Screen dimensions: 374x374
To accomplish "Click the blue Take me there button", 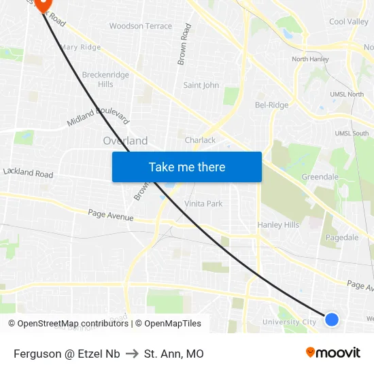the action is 186,167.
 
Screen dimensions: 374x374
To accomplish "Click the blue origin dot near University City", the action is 331,319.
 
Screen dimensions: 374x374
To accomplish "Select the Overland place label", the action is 125,141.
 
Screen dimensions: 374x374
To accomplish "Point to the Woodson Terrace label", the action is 141,26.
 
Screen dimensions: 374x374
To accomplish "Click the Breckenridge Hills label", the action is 105,80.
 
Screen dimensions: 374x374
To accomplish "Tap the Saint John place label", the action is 201,85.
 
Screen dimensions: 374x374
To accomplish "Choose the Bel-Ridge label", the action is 271,105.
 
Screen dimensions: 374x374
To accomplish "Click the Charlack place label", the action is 200,140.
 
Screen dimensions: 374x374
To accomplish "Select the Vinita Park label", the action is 203,203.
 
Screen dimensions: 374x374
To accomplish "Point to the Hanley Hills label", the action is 278,225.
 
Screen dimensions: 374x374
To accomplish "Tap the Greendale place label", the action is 320,177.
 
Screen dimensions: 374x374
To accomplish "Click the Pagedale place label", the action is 342,237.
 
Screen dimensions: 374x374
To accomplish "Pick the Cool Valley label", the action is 348,22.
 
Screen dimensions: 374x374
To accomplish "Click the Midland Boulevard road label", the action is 99,116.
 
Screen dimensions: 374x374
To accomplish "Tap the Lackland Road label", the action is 28,173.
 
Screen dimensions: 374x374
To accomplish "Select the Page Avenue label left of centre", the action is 111,216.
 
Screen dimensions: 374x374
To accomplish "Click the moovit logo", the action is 333,352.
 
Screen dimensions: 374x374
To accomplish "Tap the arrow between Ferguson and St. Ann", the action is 132,354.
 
